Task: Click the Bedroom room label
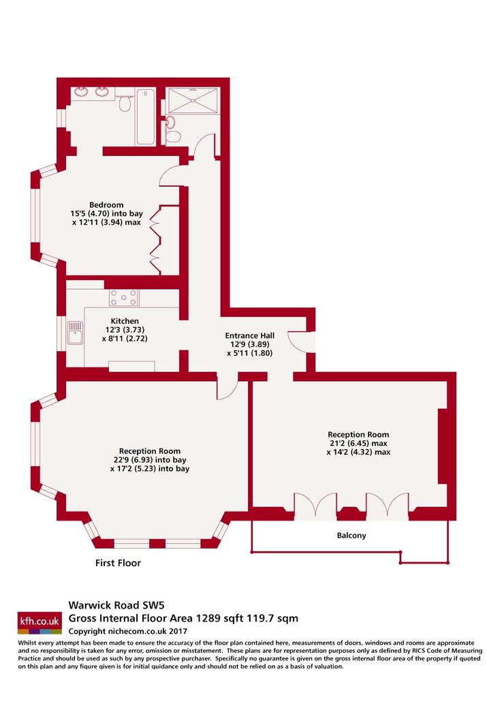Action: (106, 205)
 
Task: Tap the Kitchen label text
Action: (125, 321)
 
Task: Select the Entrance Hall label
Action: (249, 335)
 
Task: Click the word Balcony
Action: (351, 535)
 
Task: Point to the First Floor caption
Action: (118, 563)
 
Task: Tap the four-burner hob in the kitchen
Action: (124, 297)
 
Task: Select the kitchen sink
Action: (75, 333)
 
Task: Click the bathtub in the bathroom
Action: (146, 117)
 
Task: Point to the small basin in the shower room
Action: (170, 121)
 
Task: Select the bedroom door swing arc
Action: (171, 176)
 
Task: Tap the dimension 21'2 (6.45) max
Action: (358, 443)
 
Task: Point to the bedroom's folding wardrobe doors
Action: (155, 239)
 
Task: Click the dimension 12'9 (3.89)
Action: (249, 344)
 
